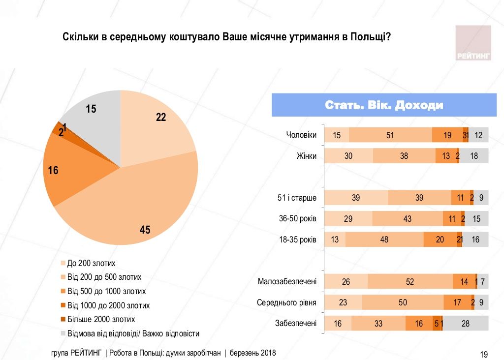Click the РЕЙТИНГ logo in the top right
coord(473,43)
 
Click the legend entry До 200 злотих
coord(91,263)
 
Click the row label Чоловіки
coord(301,135)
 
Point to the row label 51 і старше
coord(297,198)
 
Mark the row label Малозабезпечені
coord(287,282)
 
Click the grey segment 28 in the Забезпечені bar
coord(465,324)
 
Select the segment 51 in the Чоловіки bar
coord(390,135)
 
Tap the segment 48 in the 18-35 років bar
coord(384,240)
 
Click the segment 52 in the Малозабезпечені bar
coord(410,282)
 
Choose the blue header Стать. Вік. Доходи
coord(383,106)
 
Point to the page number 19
coord(483,354)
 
